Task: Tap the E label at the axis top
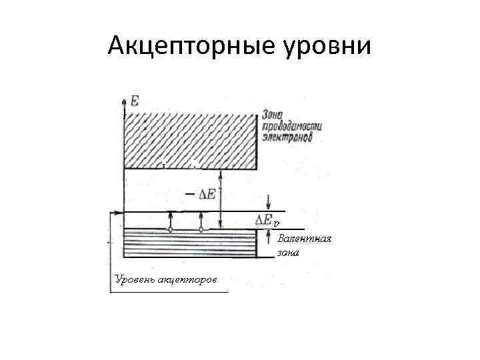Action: tap(135, 101)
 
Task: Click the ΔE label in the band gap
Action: tap(208, 194)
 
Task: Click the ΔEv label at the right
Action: tap(267, 219)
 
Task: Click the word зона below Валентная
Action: tap(290, 253)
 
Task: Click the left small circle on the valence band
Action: tap(171, 229)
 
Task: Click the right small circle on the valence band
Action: tap(201, 229)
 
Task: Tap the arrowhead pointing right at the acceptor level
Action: tap(119, 213)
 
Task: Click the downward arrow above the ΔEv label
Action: tap(268, 201)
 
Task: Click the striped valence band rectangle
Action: tap(191, 244)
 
